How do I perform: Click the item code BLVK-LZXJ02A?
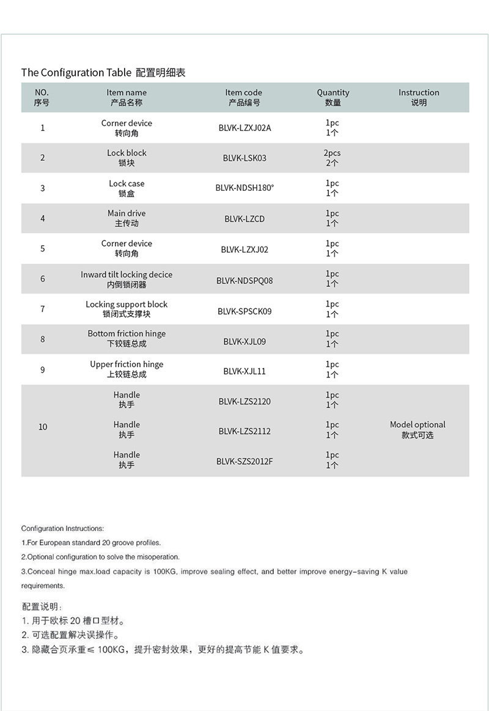(x=244, y=128)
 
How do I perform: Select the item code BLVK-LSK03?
(x=244, y=158)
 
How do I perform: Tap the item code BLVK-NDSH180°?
(x=244, y=188)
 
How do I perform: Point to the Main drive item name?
(x=127, y=218)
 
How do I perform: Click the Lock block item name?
(x=127, y=158)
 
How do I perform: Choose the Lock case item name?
(x=127, y=188)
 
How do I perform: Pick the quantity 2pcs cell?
(x=332, y=158)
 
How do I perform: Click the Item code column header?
(x=243, y=97)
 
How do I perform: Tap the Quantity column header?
(x=333, y=97)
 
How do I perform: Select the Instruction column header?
(x=419, y=97)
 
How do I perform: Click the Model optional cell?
(x=417, y=430)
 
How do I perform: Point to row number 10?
(x=43, y=426)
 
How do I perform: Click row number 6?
(x=43, y=278)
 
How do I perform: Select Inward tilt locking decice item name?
(x=127, y=279)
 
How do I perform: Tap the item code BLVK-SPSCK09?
(x=244, y=311)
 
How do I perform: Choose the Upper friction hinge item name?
(x=127, y=369)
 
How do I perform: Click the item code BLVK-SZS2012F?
(x=244, y=461)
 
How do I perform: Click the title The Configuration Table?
(x=76, y=72)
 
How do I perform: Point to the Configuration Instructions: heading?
(x=62, y=528)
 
